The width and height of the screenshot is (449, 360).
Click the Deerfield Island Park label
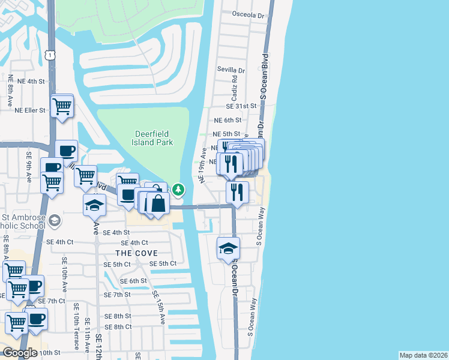pyautogui.click(x=152, y=138)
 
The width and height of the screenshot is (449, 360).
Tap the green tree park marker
pyautogui.click(x=178, y=190)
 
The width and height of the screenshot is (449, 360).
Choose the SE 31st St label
pyautogui.click(x=241, y=106)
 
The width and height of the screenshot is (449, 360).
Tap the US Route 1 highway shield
pyautogui.click(x=52, y=55)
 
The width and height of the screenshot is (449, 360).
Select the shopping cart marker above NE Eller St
pyautogui.click(x=62, y=106)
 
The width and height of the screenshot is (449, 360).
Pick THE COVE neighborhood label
pyautogui.click(x=137, y=253)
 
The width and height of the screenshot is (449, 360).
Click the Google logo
pyautogui.click(x=19, y=353)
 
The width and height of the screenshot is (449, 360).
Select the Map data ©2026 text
pyautogui.click(x=423, y=355)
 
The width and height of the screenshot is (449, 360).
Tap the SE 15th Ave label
pyautogui.click(x=158, y=308)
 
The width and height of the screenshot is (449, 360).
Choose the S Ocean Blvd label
pyautogui.click(x=263, y=75)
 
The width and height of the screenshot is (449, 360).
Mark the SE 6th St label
pyautogui.click(x=133, y=281)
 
